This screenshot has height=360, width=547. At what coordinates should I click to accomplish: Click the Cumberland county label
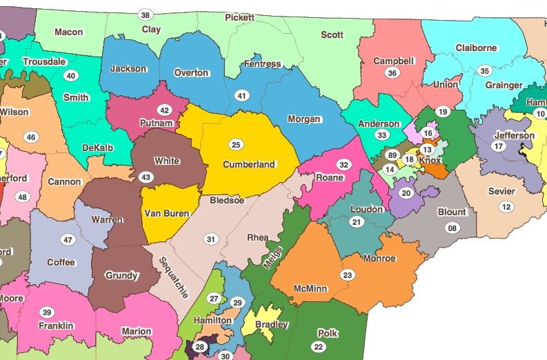tap(249, 165)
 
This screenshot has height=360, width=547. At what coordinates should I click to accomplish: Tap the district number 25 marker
tap(236, 145)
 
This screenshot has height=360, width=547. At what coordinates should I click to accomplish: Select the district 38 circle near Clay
tap(145, 15)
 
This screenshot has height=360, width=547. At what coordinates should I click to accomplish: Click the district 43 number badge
tap(146, 177)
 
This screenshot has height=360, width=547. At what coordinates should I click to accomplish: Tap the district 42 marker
tap(164, 110)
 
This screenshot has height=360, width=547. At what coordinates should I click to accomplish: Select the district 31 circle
tap(210, 239)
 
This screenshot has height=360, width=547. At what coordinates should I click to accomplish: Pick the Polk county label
tap(328, 333)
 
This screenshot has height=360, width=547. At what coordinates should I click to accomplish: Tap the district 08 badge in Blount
tap(452, 228)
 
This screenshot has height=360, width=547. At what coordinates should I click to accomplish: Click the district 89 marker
tap(392, 155)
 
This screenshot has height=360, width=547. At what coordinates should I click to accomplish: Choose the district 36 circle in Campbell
tap(392, 73)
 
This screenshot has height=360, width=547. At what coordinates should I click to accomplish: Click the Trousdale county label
tap(44, 61)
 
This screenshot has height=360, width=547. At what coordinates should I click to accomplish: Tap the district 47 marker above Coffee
tap(68, 240)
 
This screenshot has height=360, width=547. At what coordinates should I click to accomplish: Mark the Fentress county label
tap(262, 64)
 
